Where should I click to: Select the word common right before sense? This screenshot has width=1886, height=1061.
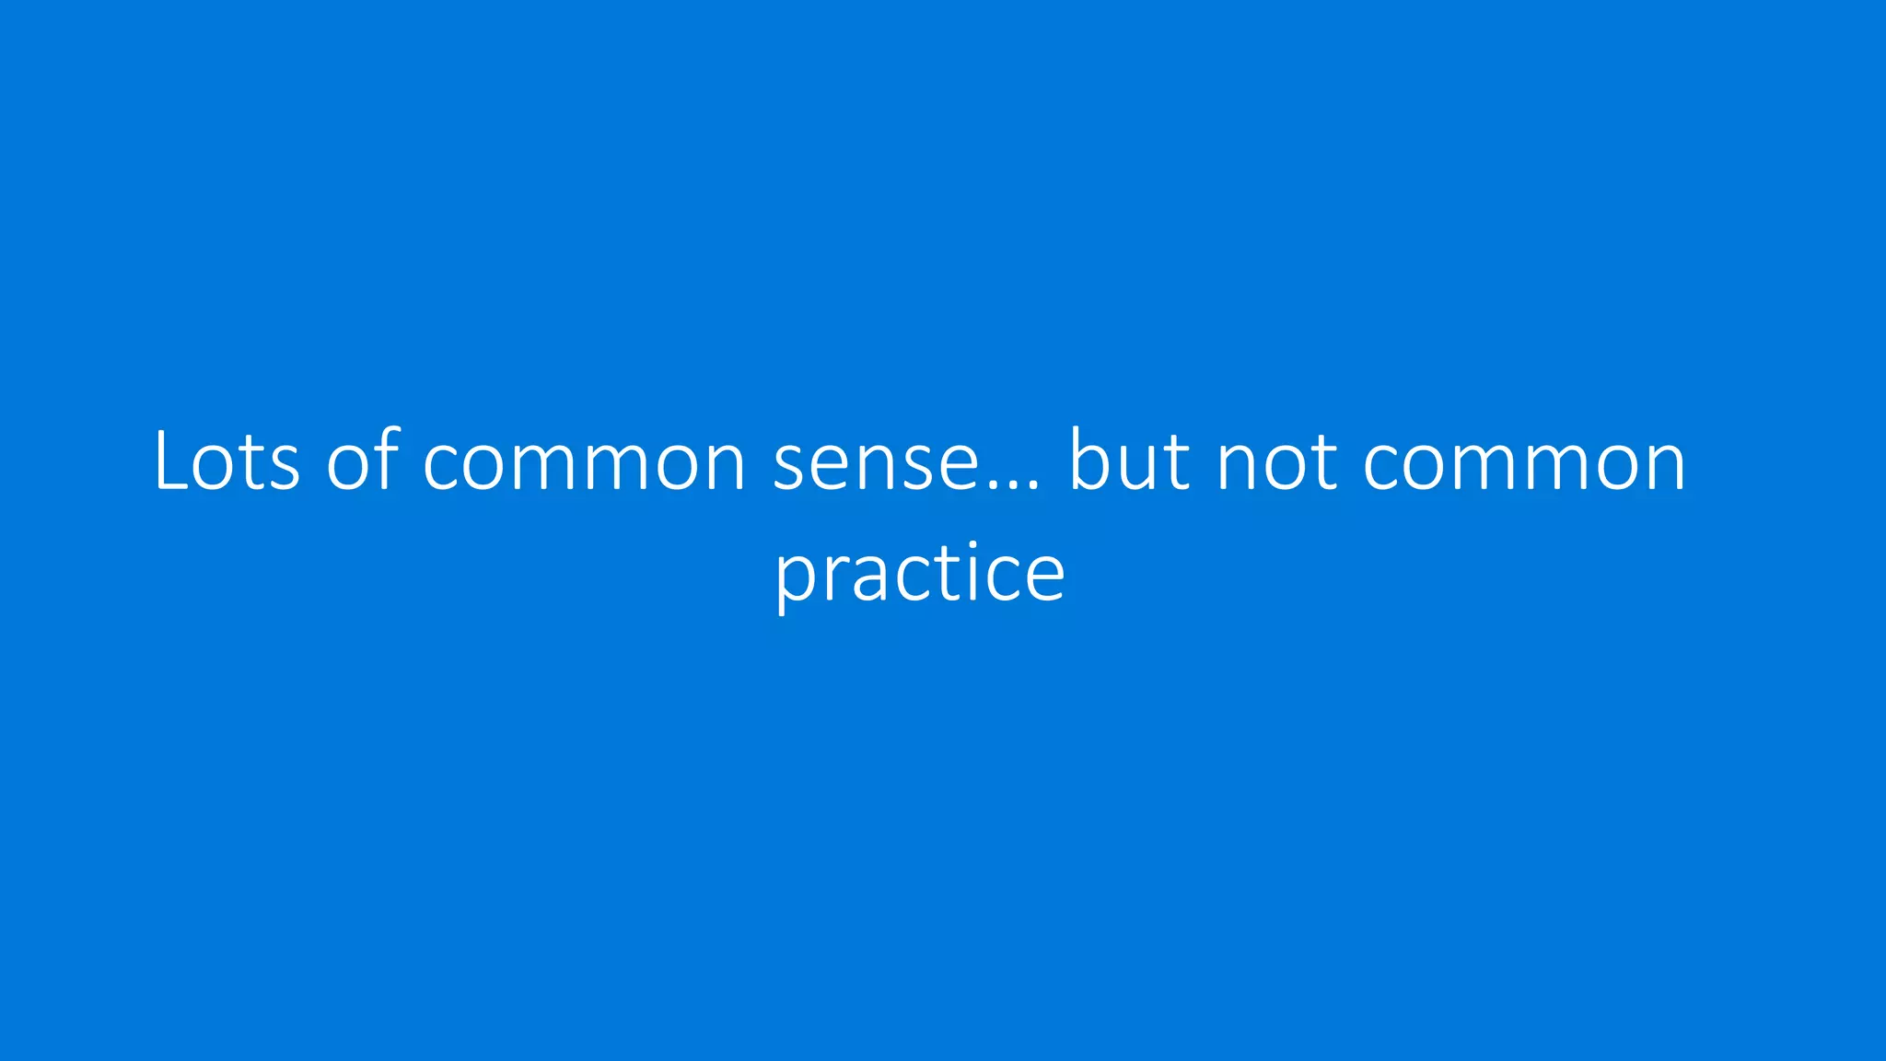pyautogui.click(x=584, y=463)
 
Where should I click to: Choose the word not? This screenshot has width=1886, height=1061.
pyautogui.click(x=1276, y=463)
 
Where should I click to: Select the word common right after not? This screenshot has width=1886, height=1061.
pyautogui.click(x=1524, y=463)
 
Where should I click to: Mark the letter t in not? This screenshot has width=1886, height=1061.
pyautogui.click(x=1322, y=463)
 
